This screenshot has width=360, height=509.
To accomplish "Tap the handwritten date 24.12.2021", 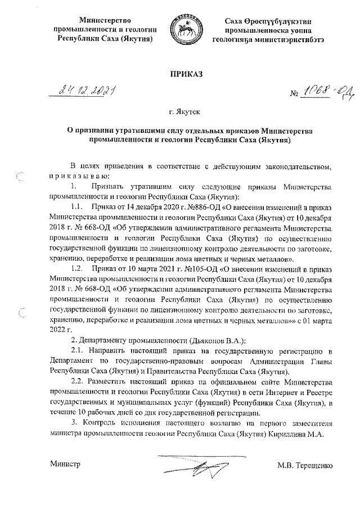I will coord(86,91).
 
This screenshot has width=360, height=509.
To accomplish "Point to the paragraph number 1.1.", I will coord(78,207).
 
